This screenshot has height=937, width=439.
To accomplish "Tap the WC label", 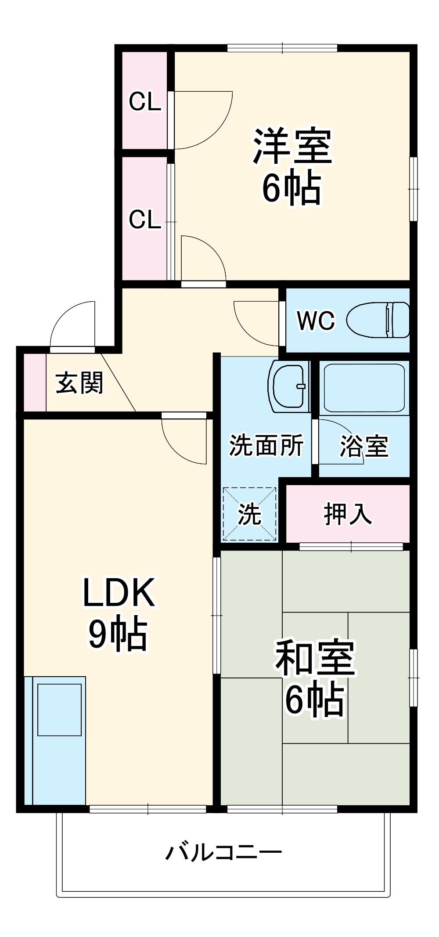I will pyautogui.click(x=316, y=321).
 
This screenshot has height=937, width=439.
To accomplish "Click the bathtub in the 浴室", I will pyautogui.click(x=364, y=387).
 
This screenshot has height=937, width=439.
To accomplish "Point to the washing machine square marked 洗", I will pyautogui.click(x=250, y=514).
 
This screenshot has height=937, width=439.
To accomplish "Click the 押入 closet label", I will pyautogui.click(x=348, y=513).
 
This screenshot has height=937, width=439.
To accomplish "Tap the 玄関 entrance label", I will pyautogui.click(x=79, y=383).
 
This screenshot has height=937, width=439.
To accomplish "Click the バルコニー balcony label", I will pyautogui.click(x=223, y=852).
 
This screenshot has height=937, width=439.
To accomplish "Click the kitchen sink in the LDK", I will pyautogui.click(x=59, y=710).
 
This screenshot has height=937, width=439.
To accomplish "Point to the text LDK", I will pyautogui.click(x=119, y=593).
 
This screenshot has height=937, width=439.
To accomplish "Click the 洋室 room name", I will pyautogui.click(x=292, y=146).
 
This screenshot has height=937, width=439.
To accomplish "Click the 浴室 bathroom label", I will pyautogui.click(x=364, y=446).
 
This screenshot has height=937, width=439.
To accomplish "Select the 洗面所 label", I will pyautogui.click(x=266, y=445).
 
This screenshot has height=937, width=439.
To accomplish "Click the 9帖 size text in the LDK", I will pyautogui.click(x=118, y=633).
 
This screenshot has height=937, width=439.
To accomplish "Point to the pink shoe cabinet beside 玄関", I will pyautogui.click(x=34, y=382).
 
